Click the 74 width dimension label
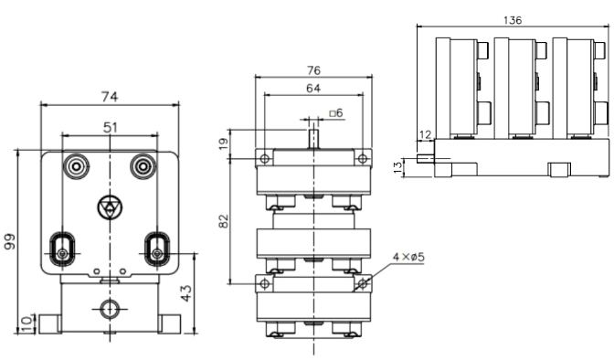coord(110,96)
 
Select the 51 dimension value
coord(110,127)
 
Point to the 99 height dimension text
coord(9,241)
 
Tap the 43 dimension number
coord(186,293)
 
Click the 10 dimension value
coord(26,324)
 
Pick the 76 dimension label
coord(313,70)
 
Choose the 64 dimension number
coord(312,88)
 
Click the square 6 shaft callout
coord(336,112)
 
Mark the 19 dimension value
coord(223,143)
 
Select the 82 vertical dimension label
coord(223,221)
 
